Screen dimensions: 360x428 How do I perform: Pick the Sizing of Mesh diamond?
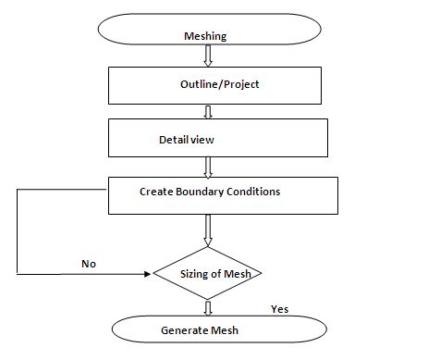pyautogui.click(x=207, y=274)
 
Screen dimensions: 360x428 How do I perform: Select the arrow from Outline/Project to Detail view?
pyautogui.click(x=208, y=112)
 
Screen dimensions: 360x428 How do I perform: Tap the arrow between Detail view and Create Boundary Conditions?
pyautogui.click(x=208, y=166)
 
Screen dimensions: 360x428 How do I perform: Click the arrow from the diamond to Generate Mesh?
pyautogui.click(x=207, y=307)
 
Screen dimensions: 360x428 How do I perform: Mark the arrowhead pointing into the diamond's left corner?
pyautogui.click(x=148, y=274)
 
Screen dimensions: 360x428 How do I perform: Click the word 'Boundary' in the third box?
pyautogui.click(x=202, y=192)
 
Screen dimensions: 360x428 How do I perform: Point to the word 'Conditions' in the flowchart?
pyautogui.click(x=253, y=192)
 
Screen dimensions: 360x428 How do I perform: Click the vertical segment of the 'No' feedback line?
pyautogui.click(x=17, y=231)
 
